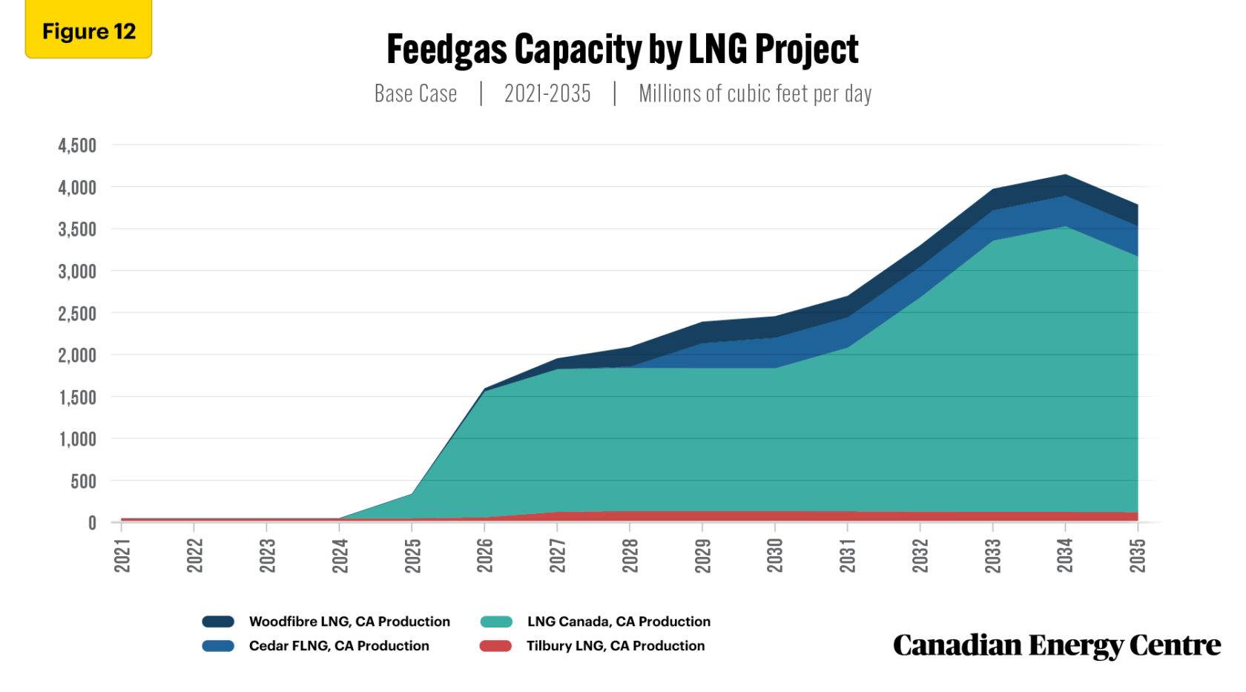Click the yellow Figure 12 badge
point(88,31)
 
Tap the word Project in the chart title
point(806,50)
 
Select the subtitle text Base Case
point(415,93)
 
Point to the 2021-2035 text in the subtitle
point(547,93)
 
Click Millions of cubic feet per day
point(755,93)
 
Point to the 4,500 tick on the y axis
point(77,145)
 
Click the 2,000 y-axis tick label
point(77,355)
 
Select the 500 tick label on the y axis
point(83,481)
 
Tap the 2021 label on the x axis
point(122,556)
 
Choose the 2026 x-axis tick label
point(485,556)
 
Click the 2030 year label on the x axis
point(775,556)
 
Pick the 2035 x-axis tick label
point(1138,556)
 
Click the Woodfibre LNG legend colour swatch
point(218,622)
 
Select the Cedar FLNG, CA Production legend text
point(339,646)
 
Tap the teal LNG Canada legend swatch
point(496,622)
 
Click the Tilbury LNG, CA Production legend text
point(616,646)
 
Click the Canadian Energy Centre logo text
point(1056,645)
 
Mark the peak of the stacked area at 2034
point(1065,175)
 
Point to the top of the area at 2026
point(484,388)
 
